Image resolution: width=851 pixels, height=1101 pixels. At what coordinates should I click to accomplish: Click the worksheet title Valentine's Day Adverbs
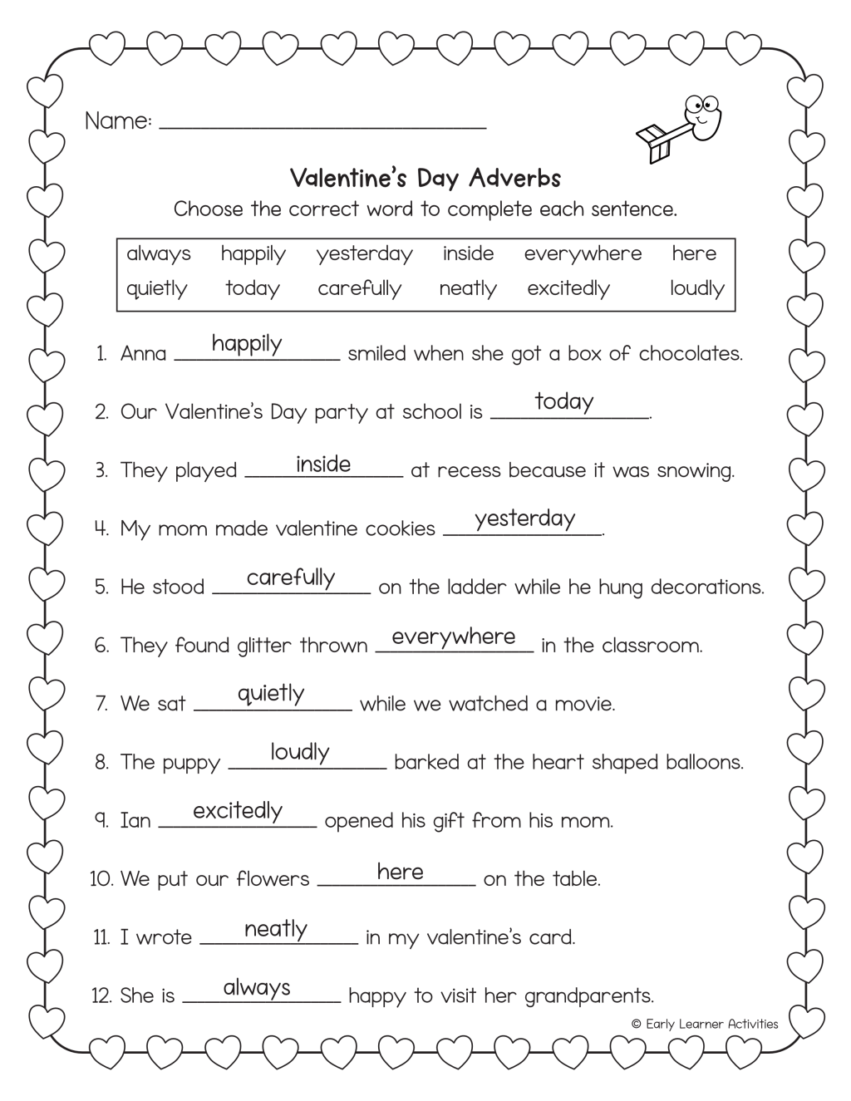(425, 178)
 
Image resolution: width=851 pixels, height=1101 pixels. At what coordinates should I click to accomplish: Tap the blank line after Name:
(322, 127)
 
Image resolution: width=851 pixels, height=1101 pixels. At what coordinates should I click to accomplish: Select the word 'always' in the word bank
(158, 253)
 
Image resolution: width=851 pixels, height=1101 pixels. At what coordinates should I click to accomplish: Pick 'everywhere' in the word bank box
(583, 253)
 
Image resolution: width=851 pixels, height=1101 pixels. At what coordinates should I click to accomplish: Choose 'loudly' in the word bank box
(696, 288)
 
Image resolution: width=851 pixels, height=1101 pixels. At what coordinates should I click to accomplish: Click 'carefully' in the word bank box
(359, 288)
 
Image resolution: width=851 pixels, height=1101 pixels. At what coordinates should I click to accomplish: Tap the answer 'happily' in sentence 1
(247, 343)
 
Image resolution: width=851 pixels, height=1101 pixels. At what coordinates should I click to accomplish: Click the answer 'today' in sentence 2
(564, 401)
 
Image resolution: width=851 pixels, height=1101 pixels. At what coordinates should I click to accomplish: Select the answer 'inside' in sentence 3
(323, 464)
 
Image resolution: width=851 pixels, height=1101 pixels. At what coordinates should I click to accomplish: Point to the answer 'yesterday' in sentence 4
(524, 519)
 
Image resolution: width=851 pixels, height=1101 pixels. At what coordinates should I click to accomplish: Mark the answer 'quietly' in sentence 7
(271, 694)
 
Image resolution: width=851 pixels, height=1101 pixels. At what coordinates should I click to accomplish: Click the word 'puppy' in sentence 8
(193, 763)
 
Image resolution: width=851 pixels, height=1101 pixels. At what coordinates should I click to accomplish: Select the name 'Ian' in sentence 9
(135, 821)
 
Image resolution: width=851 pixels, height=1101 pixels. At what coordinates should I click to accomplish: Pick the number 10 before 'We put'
(101, 879)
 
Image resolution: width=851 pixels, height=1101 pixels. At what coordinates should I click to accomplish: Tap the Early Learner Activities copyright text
(705, 1024)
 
